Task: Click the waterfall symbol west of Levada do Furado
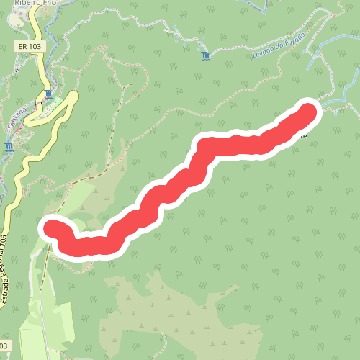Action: pos(207,56)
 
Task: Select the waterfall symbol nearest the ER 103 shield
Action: pos(48,94)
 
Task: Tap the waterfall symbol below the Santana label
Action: pos(8,147)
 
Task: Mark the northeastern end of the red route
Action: pos(308,112)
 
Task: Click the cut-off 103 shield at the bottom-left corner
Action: pos(6,346)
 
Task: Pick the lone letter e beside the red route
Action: pos(305,135)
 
